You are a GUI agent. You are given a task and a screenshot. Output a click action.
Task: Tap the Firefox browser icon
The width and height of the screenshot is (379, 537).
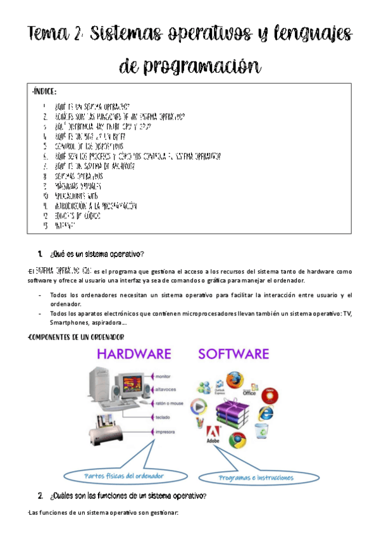234,379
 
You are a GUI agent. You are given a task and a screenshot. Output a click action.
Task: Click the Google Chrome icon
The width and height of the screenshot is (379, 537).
237,439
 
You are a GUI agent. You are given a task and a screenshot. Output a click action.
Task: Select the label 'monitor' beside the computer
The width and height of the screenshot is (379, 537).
163,377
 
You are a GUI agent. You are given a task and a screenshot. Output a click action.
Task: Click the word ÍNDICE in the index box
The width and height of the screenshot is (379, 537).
45,93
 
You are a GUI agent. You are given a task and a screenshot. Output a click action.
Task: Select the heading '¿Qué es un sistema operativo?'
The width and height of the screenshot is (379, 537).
96,255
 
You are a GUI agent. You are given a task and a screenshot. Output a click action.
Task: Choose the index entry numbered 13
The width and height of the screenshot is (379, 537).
64,225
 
